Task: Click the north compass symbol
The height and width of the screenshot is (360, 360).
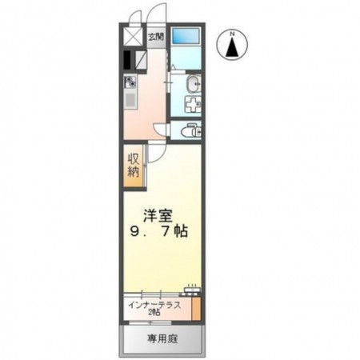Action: (232, 46)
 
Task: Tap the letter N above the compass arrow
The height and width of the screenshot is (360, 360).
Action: (232, 33)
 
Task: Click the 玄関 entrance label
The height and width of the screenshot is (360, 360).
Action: (157, 37)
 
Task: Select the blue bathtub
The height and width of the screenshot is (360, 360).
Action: (186, 37)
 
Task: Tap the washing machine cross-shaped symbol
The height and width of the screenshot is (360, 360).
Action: (192, 104)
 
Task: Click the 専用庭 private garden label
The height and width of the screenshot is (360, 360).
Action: (162, 340)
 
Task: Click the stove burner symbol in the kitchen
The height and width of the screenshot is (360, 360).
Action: (130, 82)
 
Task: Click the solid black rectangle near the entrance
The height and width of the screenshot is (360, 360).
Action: (127, 59)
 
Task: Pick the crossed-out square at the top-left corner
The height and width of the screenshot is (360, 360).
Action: (130, 38)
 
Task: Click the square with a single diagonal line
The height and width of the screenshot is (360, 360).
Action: (139, 59)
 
